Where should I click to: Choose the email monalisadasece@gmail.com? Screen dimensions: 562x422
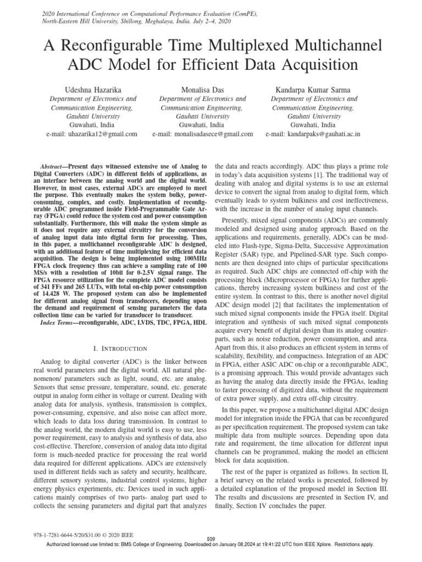[210, 134]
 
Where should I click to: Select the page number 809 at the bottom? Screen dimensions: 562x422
[210, 539]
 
